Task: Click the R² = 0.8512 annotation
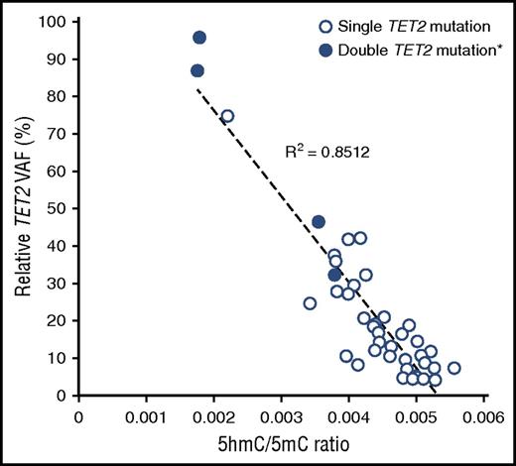[322, 153]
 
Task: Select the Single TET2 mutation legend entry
[416, 24]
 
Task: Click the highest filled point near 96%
[199, 38]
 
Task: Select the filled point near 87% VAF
[197, 71]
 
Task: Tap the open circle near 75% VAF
[227, 116]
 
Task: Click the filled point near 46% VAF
[319, 222]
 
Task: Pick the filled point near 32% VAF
[335, 275]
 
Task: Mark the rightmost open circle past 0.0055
[453, 368]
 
